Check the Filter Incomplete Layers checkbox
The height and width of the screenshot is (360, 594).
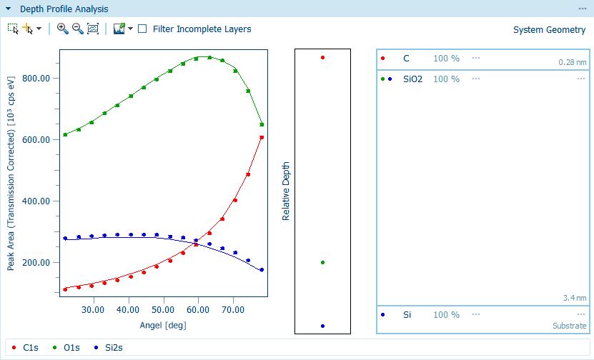143,29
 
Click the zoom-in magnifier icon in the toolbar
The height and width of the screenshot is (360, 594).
62,29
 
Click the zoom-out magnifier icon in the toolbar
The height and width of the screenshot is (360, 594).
77,29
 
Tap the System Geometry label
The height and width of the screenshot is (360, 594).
549,30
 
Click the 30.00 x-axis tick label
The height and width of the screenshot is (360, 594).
93,311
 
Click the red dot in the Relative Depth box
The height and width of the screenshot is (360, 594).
323,58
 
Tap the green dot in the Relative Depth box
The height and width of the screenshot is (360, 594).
323,263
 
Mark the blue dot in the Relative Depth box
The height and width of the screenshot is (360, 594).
323,326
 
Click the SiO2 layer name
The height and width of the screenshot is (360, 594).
413,79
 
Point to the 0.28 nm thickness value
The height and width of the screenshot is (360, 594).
573,63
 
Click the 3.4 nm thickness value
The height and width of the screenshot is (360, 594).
575,298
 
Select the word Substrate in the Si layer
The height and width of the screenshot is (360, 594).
569,326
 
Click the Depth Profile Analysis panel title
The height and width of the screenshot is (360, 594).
64,9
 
